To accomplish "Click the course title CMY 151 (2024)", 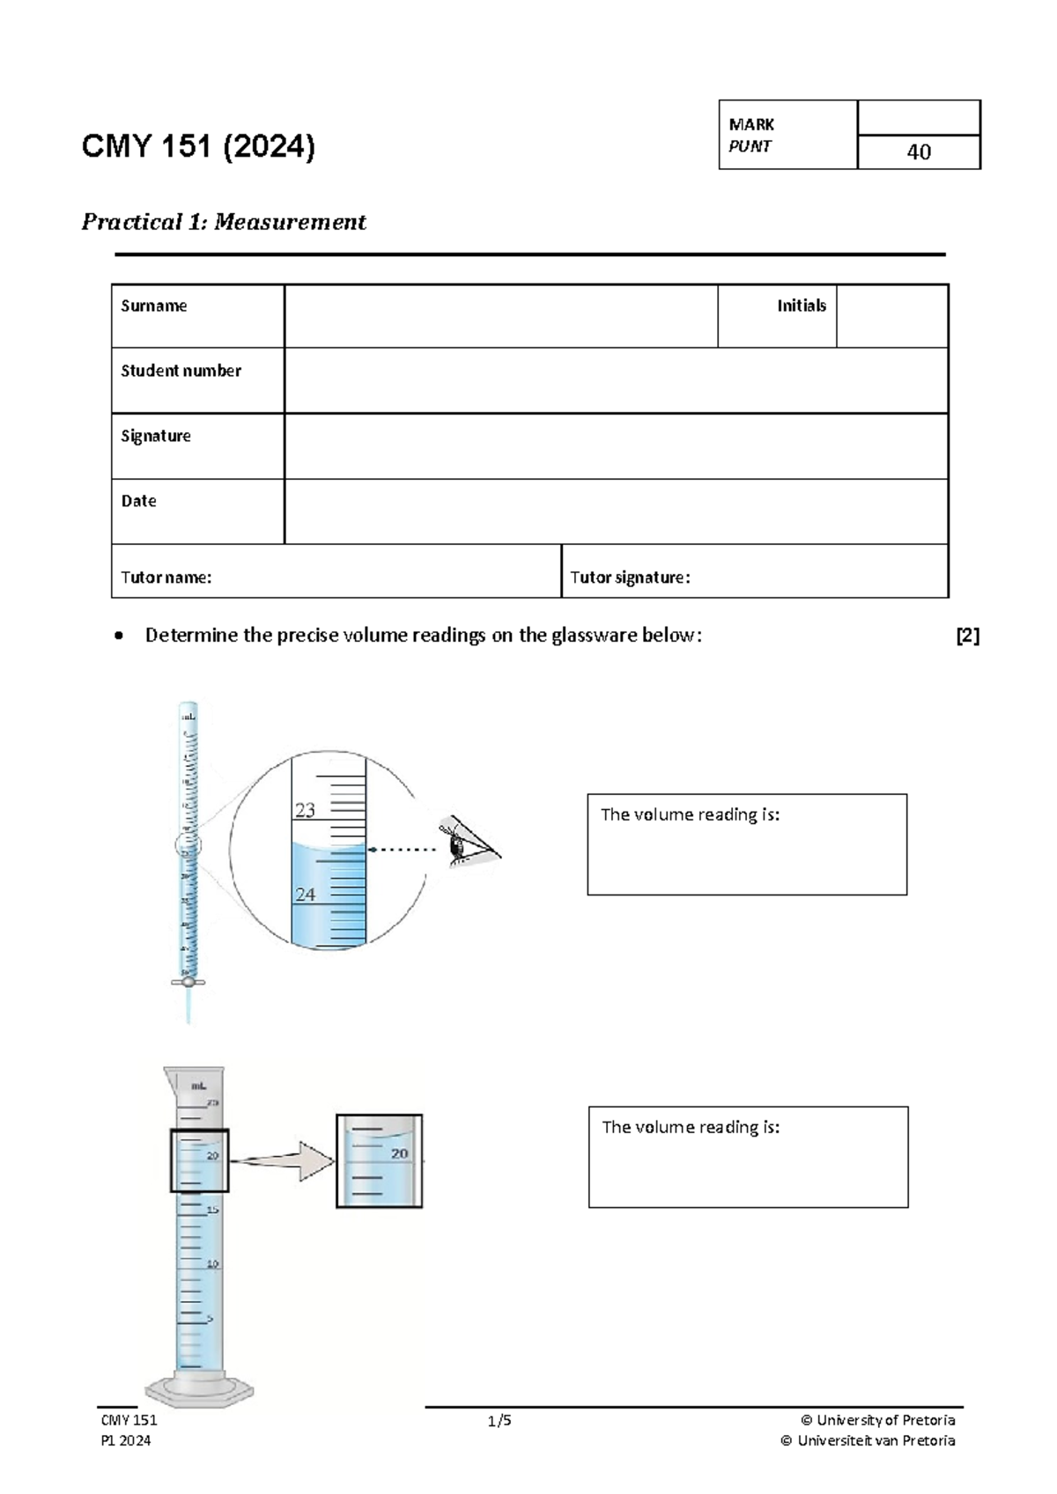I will (197, 146).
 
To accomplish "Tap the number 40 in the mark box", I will (918, 152).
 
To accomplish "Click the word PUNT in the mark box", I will (750, 147).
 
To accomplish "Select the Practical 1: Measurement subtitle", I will (224, 222).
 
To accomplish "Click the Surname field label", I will (154, 305).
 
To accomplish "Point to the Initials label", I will (801, 305).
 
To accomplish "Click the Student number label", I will (181, 371).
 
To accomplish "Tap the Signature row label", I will (156, 436).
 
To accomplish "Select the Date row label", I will (139, 501).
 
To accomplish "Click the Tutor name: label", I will (166, 578).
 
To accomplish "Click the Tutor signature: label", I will (629, 578).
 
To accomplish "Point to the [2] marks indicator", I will (967, 636).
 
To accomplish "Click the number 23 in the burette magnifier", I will (305, 810).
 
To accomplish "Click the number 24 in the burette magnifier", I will (305, 894).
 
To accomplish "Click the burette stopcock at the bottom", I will (188, 982).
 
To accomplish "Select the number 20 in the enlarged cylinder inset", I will (400, 1153).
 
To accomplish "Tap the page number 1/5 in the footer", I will (499, 1420).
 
